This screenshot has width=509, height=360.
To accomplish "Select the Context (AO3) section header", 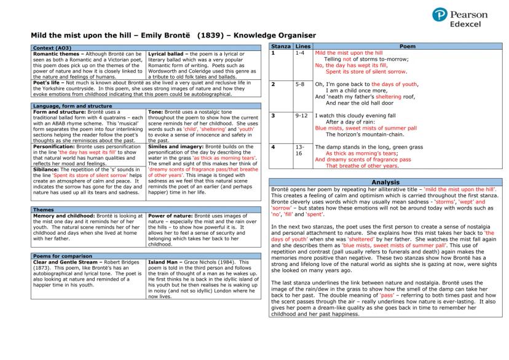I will pos(52,48).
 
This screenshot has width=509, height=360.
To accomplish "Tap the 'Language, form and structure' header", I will pos(68,106).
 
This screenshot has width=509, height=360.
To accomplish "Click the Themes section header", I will pos(42,209).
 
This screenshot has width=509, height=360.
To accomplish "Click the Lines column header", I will pos(302,47).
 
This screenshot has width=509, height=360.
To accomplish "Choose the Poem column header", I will pos(408,47).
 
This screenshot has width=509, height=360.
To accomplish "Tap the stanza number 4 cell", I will pos(274,147).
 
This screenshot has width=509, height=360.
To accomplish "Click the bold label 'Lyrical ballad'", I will pos(169,54).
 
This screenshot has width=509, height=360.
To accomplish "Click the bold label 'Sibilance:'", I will pos(47,169).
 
